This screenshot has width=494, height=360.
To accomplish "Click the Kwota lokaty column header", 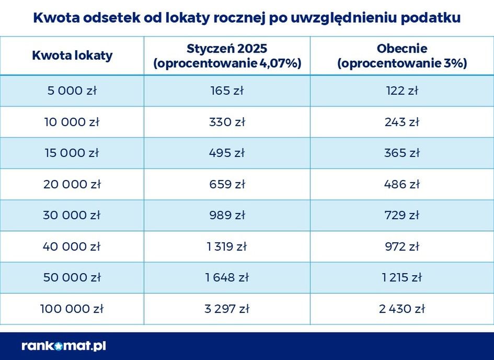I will coord(72,55).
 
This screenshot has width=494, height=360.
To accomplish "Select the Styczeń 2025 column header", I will coord(227,56).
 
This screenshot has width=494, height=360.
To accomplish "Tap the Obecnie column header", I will coord(402,56).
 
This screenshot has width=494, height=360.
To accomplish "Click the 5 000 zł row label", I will coord(72,91).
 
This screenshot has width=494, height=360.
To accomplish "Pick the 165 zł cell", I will coord(227,91).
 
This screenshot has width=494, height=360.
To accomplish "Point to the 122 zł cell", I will coord(402,91).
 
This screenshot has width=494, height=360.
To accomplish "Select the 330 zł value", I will coord(227,122).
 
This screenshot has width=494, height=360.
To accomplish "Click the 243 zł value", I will coord(402,122).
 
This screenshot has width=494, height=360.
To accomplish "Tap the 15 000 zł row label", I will coord(72,153).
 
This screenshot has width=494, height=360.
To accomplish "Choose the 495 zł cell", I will coord(227,153).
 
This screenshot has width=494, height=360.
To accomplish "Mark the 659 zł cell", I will coord(227,184).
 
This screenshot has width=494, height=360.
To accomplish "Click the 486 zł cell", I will coord(402,184).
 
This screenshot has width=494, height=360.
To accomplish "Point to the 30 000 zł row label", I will coord(72,215).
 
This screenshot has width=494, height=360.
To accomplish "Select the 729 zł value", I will coord(402,215).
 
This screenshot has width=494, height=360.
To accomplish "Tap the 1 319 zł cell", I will coord(227,246).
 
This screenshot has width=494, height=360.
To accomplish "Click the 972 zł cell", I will coord(402,246).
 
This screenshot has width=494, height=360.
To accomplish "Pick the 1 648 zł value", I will coord(227,277).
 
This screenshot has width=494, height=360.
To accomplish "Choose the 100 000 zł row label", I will coord(72,309).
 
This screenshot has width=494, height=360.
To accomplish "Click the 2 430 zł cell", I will coord(402,309).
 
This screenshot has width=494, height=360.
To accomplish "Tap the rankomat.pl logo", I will coord(64,345).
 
